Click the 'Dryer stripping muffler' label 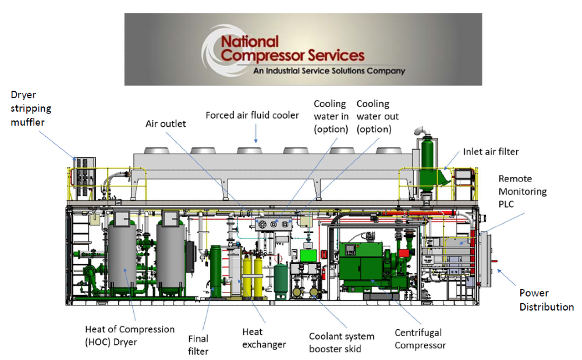click(31, 108)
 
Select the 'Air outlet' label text click(165, 124)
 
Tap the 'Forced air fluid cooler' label click(252, 115)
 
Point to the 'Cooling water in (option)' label click(331, 116)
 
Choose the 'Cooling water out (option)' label click(378, 116)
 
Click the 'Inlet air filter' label click(491, 152)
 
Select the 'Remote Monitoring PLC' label click(522, 191)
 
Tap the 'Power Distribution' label click(546, 300)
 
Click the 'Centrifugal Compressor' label click(420, 339)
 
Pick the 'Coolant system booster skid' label click(342, 343)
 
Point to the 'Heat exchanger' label click(264, 338)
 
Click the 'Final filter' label click(198, 345)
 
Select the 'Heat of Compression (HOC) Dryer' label click(130, 336)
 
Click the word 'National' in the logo click(250, 41)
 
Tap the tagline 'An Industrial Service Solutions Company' click(329, 70)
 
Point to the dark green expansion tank click(281, 280)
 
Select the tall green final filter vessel click(216, 271)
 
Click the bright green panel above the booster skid click(308, 255)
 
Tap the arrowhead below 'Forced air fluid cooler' click(255, 141)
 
